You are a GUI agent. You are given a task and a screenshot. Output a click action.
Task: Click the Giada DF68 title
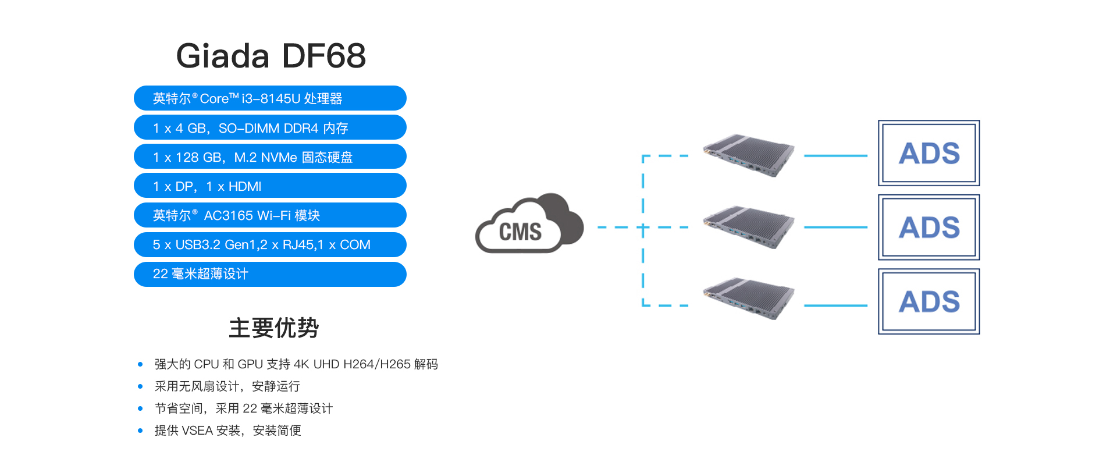tap(271, 56)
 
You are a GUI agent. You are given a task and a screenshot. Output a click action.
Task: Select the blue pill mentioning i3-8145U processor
tap(270, 98)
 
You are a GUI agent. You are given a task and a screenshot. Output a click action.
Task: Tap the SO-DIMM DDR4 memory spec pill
tap(270, 127)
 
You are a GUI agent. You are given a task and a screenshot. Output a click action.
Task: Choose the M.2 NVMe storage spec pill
tap(270, 157)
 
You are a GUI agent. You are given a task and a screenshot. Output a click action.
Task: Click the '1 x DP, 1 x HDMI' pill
tap(270, 186)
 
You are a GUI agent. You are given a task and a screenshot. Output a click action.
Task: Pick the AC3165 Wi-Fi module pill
tap(270, 215)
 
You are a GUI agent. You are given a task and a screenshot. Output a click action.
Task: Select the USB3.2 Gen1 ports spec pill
tap(270, 244)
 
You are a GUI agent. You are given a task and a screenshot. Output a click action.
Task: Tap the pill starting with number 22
tap(270, 274)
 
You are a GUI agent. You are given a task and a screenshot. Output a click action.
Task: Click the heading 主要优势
tap(273, 328)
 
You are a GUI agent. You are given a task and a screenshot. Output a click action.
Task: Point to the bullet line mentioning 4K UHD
tap(296, 364)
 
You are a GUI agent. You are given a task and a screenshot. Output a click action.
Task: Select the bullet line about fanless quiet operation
tap(227, 386)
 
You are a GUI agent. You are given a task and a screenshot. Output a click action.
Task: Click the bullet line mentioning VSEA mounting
tap(227, 431)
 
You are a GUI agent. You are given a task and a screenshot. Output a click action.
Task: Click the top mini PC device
tap(748, 155)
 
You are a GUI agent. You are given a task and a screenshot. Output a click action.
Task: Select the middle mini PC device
tap(748, 227)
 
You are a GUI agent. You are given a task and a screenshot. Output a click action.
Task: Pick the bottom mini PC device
tap(748, 299)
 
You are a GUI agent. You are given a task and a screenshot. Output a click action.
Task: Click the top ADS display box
tap(929, 153)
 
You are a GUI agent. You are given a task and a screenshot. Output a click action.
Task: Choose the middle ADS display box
tap(929, 227)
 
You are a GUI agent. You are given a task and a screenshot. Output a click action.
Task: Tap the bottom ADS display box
tap(929, 301)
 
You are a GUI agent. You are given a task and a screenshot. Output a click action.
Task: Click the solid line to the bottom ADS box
tap(835, 305)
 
